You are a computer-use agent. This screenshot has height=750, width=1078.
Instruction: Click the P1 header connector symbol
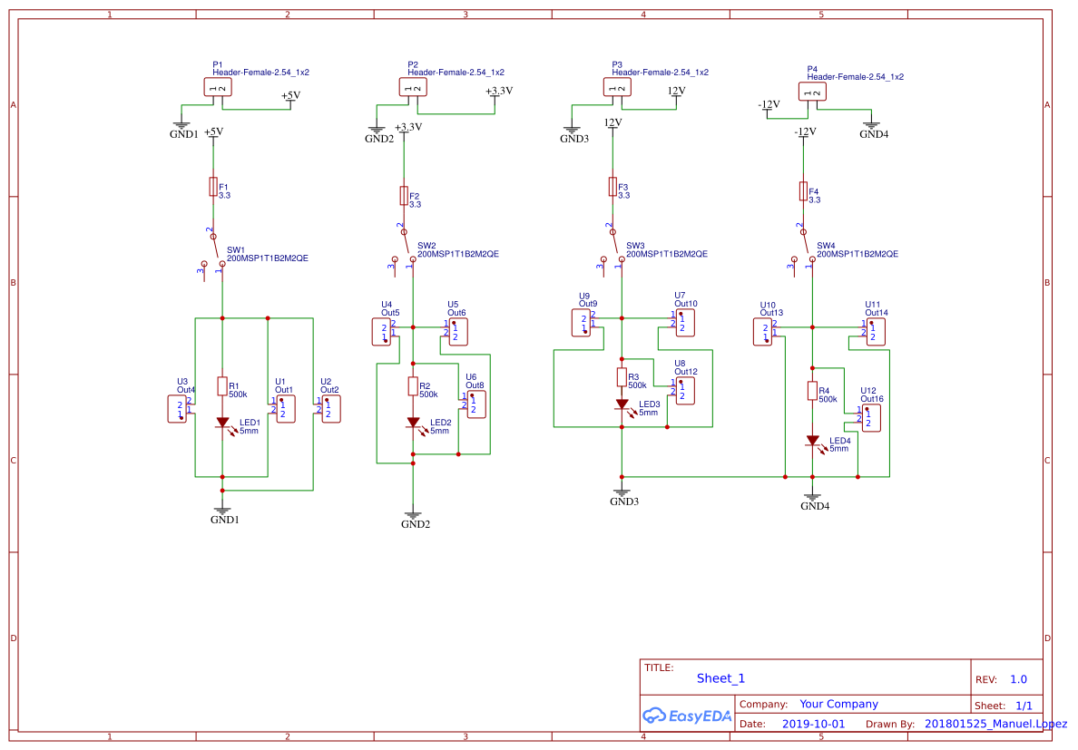pyautogui.click(x=217, y=87)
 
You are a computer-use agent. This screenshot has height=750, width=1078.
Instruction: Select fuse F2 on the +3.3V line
pyautogui.click(x=404, y=196)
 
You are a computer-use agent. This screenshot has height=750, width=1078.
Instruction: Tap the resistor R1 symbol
pyautogui.click(x=221, y=386)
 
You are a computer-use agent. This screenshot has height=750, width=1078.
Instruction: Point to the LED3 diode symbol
pyautogui.click(x=622, y=404)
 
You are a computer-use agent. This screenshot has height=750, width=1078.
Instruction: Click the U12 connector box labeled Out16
pyautogui.click(x=869, y=417)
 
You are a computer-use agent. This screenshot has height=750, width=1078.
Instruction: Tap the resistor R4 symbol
pyautogui.click(x=812, y=391)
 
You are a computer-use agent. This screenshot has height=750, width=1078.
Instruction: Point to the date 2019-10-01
pyautogui.click(x=813, y=725)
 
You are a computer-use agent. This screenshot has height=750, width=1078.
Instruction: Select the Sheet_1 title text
pyautogui.click(x=720, y=678)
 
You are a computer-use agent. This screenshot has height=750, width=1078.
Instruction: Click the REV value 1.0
pyautogui.click(x=1018, y=679)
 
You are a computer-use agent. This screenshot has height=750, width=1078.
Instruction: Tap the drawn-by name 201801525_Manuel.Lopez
pyautogui.click(x=995, y=724)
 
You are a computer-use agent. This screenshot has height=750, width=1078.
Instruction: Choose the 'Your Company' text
pyautogui.click(x=838, y=704)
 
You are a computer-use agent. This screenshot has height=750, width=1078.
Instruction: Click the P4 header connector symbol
pyautogui.click(x=812, y=92)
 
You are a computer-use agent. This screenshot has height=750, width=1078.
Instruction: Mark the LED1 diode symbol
pyautogui.click(x=221, y=423)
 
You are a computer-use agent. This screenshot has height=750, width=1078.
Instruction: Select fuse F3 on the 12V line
pyautogui.click(x=612, y=187)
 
